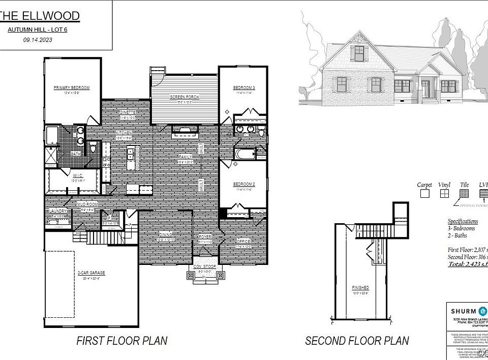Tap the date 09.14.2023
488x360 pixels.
[38, 40]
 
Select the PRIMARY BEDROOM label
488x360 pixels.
[72, 88]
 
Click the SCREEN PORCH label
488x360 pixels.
[185, 97]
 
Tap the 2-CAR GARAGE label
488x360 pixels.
[91, 274]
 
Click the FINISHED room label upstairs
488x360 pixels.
[361, 288]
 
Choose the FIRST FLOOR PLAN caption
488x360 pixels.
[122, 340]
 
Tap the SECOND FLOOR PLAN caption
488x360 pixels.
[357, 340]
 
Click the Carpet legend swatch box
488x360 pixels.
[424, 193]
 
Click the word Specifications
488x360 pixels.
[463, 221]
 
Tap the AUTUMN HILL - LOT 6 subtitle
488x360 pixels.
[38, 30]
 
